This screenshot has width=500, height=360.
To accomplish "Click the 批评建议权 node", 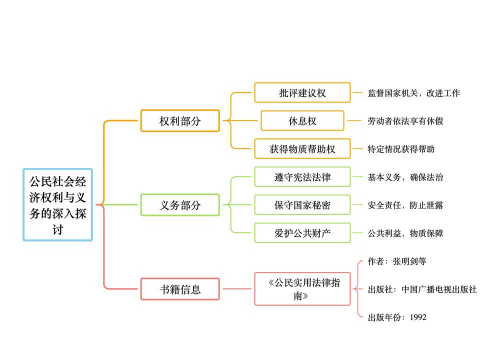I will tap(301, 93).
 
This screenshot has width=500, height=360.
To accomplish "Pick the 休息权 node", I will tap(301, 121).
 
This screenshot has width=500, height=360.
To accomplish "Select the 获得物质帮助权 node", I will tap(301, 149).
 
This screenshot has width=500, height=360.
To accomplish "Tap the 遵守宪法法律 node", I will tap(301, 177).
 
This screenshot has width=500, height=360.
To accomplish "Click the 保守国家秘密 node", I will tap(301, 205).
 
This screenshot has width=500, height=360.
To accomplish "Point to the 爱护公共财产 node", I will tap(301, 233).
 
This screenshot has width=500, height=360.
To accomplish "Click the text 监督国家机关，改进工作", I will tap(413, 93).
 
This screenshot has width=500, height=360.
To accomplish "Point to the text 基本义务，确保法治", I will tap(405, 177).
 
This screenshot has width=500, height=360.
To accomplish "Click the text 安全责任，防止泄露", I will tap(405, 205).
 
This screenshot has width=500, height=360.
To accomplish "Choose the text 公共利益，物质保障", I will tap(405, 233).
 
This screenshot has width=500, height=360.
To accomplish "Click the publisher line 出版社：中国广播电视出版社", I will tap(423, 290).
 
